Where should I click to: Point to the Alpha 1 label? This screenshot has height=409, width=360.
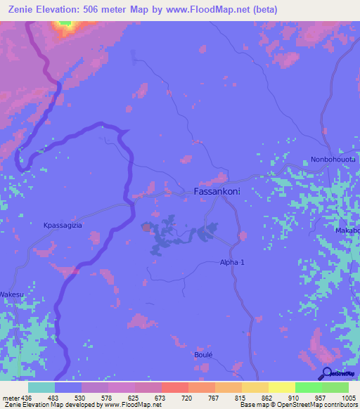(232, 262)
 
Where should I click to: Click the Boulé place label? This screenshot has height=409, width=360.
(203, 355)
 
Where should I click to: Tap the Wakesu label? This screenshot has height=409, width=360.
(11, 294)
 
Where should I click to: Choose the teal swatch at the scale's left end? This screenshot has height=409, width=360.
(41, 387)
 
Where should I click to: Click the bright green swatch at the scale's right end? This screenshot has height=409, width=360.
(335, 387)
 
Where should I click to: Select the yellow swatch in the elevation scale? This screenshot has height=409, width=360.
(282, 387)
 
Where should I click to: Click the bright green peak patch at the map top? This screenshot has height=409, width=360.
(65, 24)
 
